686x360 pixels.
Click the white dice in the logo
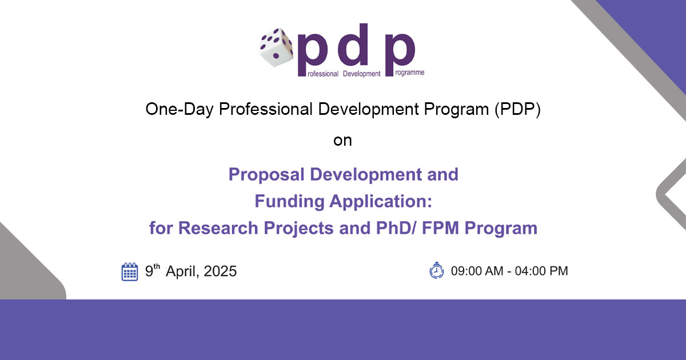pyautogui.click(x=276, y=47)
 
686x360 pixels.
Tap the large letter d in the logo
pyautogui.click(x=353, y=45)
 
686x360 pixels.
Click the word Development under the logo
pyautogui.click(x=362, y=74)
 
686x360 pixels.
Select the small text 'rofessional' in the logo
pyautogui.click(x=323, y=74)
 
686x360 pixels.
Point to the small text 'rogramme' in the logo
pyautogui.click(x=410, y=73)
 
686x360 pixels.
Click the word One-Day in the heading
pyautogui.click(x=179, y=109)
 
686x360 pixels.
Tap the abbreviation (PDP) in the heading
pyautogui.click(x=517, y=109)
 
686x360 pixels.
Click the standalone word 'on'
pyautogui.click(x=342, y=141)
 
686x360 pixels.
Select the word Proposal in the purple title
pyautogui.click(x=266, y=175)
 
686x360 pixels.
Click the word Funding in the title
pyautogui.click(x=289, y=201)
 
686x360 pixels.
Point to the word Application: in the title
pyautogui.click(x=381, y=202)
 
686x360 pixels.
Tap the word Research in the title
pyautogui.click(x=218, y=228)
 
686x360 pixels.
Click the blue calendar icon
pyautogui.click(x=130, y=271)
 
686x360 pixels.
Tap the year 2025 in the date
pyautogui.click(x=220, y=271)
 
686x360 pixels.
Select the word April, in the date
pyautogui.click(x=182, y=272)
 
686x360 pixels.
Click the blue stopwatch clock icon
pyautogui.click(x=436, y=270)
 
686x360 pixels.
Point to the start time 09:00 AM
pyautogui.click(x=477, y=271)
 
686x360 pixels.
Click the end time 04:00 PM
pyautogui.click(x=541, y=271)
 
